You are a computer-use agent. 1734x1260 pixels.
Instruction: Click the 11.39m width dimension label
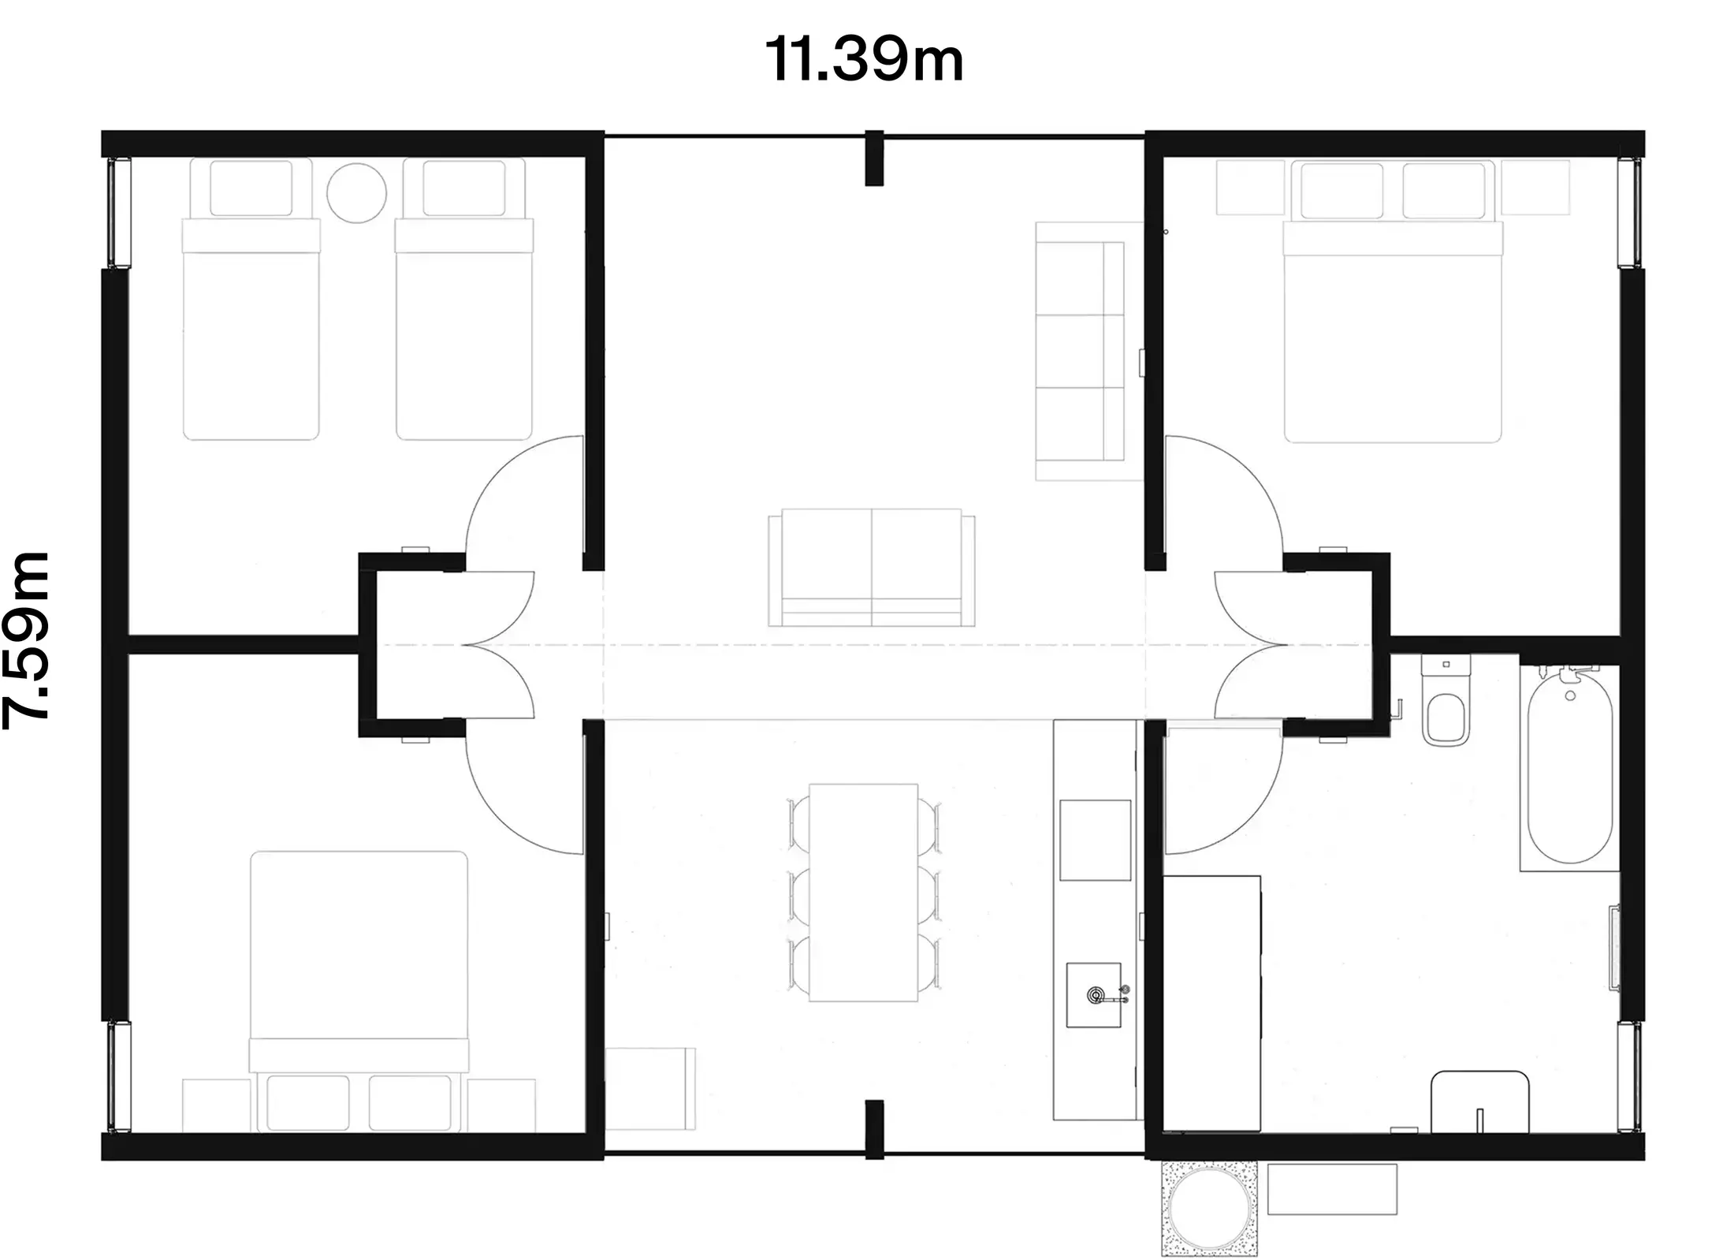[x=865, y=61]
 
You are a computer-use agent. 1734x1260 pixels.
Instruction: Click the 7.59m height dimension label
[x=28, y=640]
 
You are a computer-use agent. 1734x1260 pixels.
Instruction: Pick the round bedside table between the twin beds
[x=356, y=193]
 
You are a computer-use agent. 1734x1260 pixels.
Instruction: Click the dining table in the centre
[x=863, y=892]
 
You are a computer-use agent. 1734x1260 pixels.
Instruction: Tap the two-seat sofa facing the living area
[x=871, y=568]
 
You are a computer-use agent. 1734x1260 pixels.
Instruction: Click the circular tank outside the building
[x=1208, y=1208]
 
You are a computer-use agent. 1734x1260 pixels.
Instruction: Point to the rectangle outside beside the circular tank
[x=1332, y=1189]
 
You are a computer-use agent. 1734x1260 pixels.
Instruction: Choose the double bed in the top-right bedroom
[x=1392, y=331]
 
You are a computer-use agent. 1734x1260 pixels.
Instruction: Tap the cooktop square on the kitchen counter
[x=1095, y=840]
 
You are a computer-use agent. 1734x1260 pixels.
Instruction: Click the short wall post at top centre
[x=873, y=159]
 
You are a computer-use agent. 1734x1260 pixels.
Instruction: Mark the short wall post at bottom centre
[x=873, y=1129]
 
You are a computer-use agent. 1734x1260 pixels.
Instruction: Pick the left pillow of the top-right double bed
[x=1341, y=191]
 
